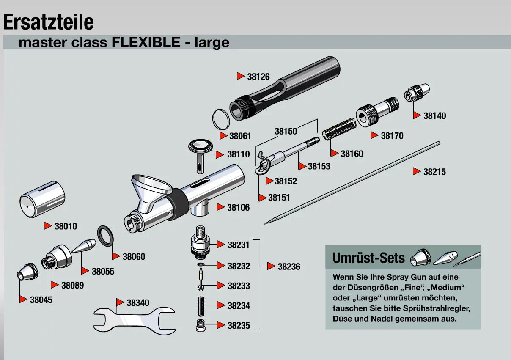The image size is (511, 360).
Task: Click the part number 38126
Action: pyautogui.click(x=258, y=77)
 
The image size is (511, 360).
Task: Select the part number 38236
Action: pyautogui.click(x=289, y=267)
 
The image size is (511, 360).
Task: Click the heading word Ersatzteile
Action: pyautogui.click(x=49, y=22)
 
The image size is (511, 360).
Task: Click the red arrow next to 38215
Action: pyautogui.click(x=417, y=172)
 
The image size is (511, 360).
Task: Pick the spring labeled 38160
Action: pyautogui.click(x=340, y=129)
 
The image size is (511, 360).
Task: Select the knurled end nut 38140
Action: pyautogui.click(x=417, y=92)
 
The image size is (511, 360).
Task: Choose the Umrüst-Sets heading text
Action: pyautogui.click(x=369, y=258)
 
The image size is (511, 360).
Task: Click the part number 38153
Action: pyautogui.click(x=319, y=166)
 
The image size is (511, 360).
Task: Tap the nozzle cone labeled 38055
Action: pyautogui.click(x=84, y=246)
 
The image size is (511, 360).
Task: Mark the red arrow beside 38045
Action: pyautogui.click(x=24, y=300)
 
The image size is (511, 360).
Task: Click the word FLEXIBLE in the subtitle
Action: pyautogui.click(x=146, y=43)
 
